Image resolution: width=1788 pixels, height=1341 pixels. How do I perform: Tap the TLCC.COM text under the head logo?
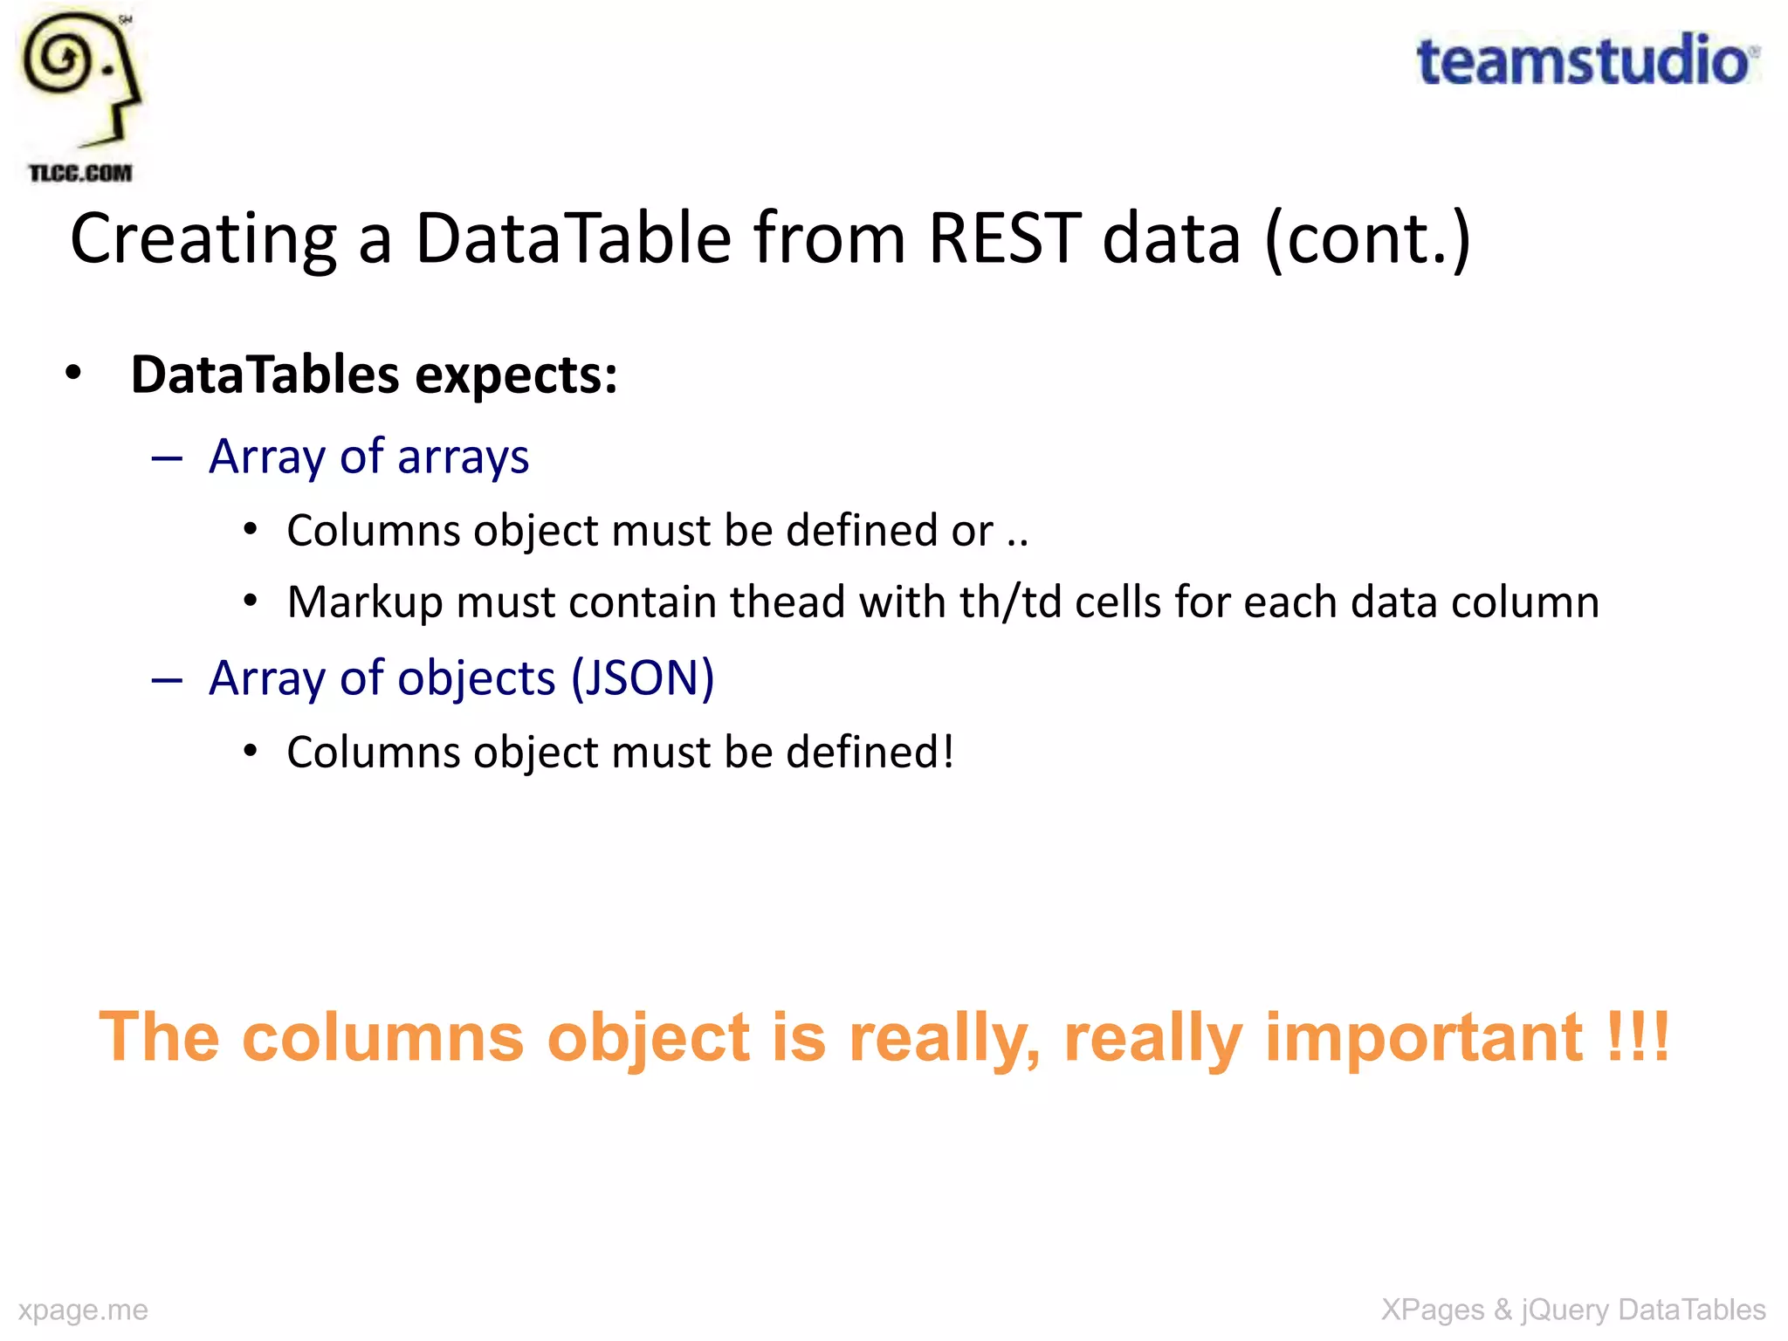pos(80,173)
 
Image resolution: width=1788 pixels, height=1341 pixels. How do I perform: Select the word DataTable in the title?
pos(574,238)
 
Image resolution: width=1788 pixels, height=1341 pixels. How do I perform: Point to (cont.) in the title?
pos(1368,240)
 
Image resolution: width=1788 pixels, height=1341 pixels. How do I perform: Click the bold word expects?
pos(516,375)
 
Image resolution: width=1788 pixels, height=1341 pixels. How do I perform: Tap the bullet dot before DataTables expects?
pos(73,374)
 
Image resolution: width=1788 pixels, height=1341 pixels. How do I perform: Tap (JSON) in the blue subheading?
pos(643,678)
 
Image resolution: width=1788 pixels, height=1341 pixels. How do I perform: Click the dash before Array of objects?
pos(166,680)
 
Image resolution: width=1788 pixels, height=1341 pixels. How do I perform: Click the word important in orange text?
pos(1423,1037)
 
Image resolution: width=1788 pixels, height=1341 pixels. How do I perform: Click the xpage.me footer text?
pos(83,1310)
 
